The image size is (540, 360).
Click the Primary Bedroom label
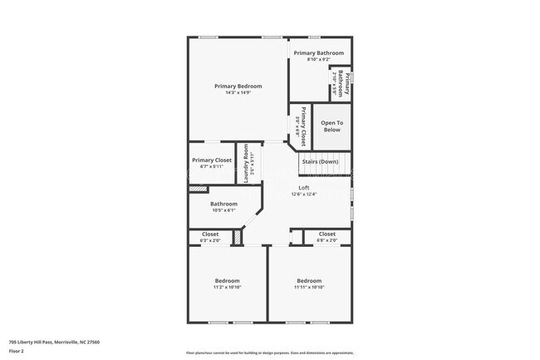238,86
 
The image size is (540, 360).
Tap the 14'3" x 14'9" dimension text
238,93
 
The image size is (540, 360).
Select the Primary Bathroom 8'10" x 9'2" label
318,56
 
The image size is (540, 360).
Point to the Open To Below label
331,126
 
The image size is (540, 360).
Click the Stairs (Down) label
319,161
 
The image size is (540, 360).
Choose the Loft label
304,188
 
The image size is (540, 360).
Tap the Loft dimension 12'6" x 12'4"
304,195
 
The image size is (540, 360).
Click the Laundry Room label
247,163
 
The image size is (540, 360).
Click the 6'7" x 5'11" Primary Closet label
212,162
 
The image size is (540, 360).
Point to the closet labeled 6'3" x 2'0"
210,237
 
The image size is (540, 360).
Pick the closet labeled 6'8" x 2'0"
327,237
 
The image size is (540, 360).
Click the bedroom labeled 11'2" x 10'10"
227,284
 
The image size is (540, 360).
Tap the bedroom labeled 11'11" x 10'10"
309,284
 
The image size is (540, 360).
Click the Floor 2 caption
17,351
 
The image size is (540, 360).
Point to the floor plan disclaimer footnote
269,353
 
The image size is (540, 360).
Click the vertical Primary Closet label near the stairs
300,126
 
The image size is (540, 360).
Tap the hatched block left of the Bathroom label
197,190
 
